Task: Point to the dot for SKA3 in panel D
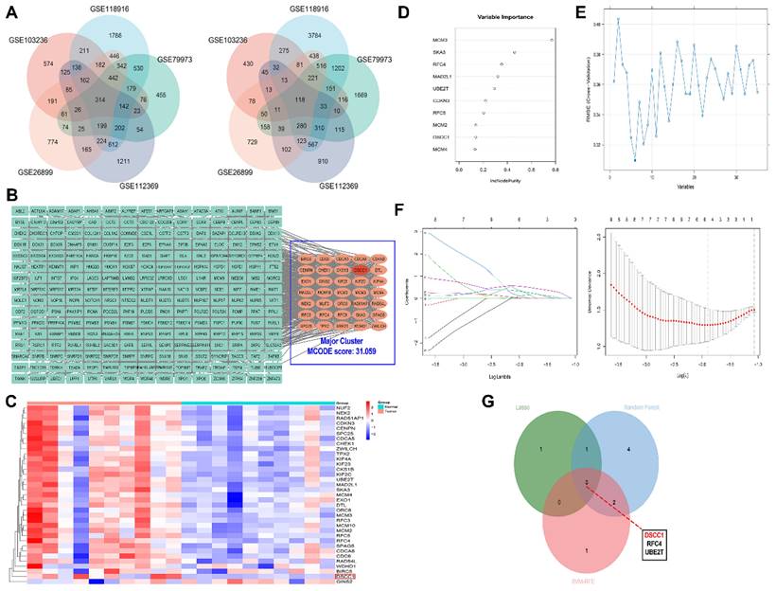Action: [x=514, y=52]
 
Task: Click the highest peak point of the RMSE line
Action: [x=619, y=19]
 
